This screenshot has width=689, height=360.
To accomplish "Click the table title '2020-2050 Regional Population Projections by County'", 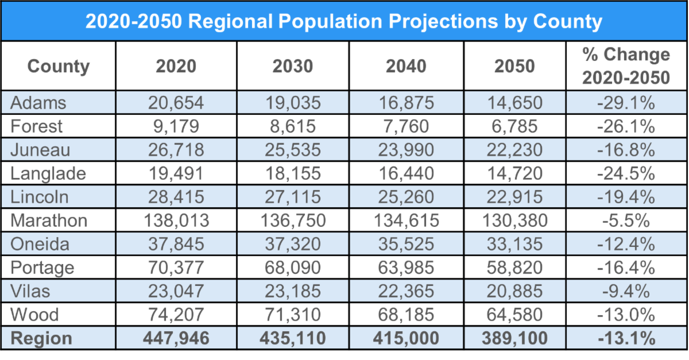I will click(x=344, y=21).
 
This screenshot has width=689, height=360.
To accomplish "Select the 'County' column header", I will click(x=59, y=66).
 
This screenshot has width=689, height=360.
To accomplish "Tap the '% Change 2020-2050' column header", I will click(x=626, y=66).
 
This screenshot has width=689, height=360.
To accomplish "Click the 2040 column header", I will click(x=405, y=66).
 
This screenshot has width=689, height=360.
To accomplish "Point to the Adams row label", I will click(x=38, y=103).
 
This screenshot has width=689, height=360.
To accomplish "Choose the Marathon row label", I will click(x=49, y=220).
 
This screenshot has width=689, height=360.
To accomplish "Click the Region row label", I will click(x=42, y=338).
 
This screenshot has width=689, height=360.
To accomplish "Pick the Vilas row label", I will click(x=30, y=291).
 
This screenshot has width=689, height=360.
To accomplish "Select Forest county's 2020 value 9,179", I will click(x=176, y=126).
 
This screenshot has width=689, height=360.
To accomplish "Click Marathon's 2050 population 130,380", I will click(x=513, y=220).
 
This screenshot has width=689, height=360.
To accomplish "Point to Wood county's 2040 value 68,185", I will click(x=405, y=315).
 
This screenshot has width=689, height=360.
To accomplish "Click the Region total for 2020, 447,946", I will click(x=176, y=338).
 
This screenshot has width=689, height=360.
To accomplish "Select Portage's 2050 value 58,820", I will click(x=513, y=268).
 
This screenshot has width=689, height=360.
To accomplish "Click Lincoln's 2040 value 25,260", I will click(x=405, y=197).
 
